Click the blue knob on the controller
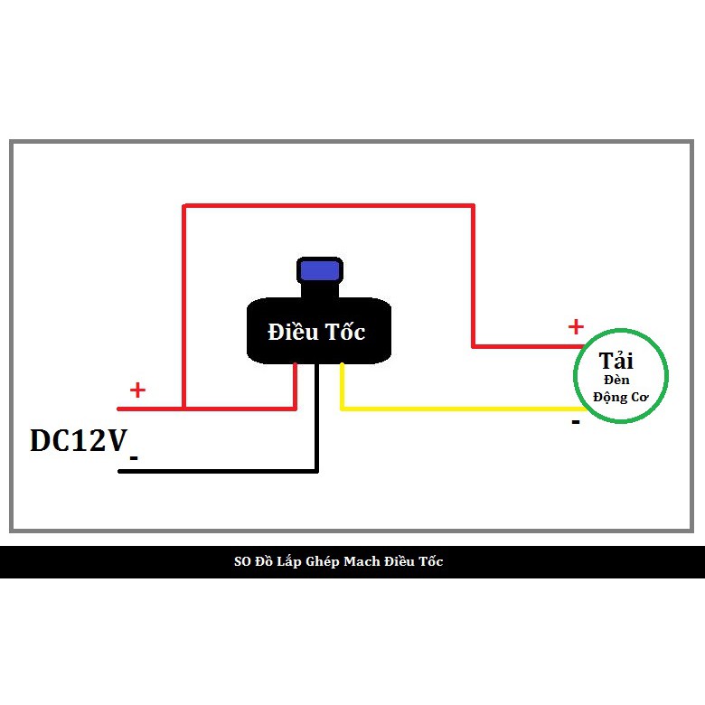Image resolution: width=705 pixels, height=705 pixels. point(319,270)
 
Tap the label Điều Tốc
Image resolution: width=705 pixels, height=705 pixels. point(316,332)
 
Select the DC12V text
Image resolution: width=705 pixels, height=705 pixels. point(79,440)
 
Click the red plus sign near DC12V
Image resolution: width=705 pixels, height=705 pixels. point(137,390)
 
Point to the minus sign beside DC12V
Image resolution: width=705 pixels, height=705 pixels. point(134,458)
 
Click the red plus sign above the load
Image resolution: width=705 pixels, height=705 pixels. point(575,326)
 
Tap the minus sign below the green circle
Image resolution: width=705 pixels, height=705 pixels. point(575,421)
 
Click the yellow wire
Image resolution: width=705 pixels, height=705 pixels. point(452,409)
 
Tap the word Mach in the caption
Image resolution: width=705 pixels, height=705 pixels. point(362,562)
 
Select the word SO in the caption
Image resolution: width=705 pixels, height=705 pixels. point(242,562)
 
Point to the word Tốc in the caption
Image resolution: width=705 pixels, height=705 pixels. point(430,562)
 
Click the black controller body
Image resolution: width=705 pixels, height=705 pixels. point(271,348)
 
